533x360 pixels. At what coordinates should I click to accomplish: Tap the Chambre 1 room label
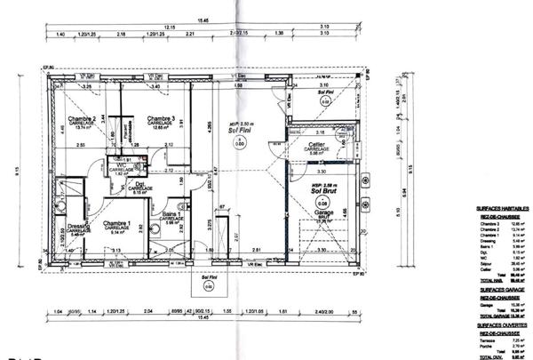(117, 223)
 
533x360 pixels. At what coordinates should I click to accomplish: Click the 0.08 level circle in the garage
(321, 204)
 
